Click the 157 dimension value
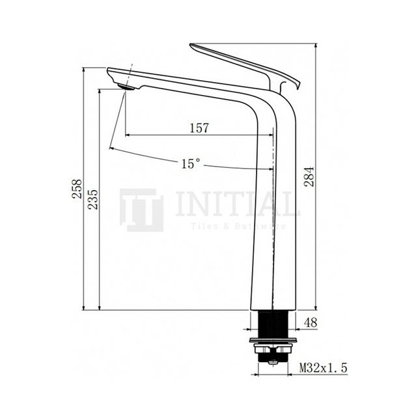[x=199, y=128]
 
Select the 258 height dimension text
[x=77, y=189]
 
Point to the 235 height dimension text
[x=92, y=200]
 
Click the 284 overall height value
[x=309, y=175]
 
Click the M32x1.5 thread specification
[x=323, y=369]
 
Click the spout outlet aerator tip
[x=128, y=87]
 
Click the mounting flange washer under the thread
[x=272, y=341]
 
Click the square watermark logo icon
[x=141, y=210]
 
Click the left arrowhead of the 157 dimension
[x=128, y=135]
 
